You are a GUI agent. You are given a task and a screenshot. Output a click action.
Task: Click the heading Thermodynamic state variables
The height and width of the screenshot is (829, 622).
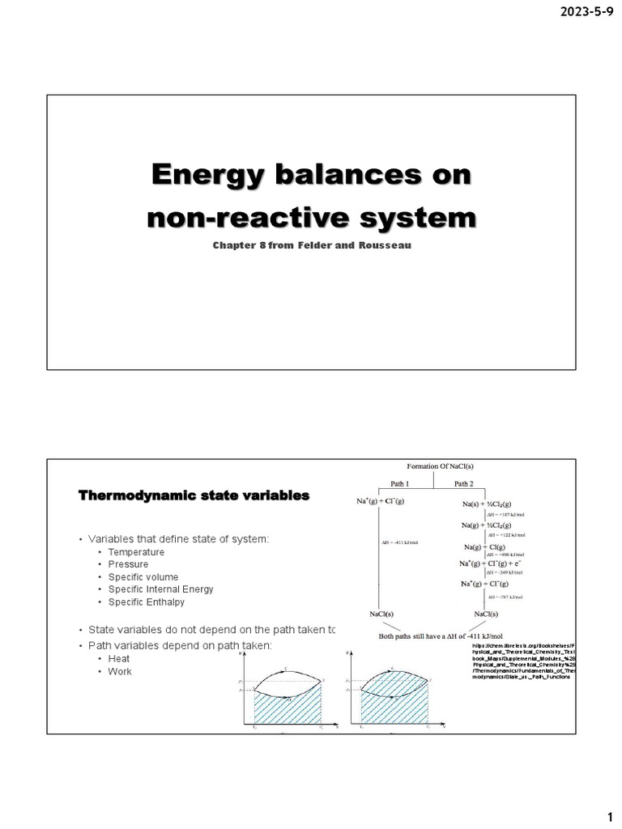(194, 495)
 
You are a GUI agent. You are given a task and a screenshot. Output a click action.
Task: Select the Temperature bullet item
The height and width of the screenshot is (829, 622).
(136, 552)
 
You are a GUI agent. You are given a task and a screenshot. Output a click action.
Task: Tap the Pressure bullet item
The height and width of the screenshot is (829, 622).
(128, 564)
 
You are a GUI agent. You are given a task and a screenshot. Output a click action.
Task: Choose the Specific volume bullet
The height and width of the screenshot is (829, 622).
(143, 577)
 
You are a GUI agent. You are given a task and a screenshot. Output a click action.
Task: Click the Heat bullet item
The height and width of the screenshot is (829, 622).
(119, 659)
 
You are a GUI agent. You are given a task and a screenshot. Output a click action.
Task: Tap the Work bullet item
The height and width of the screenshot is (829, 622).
(119, 671)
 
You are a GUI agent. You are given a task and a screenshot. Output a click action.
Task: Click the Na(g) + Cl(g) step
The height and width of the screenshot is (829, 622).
(486, 548)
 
